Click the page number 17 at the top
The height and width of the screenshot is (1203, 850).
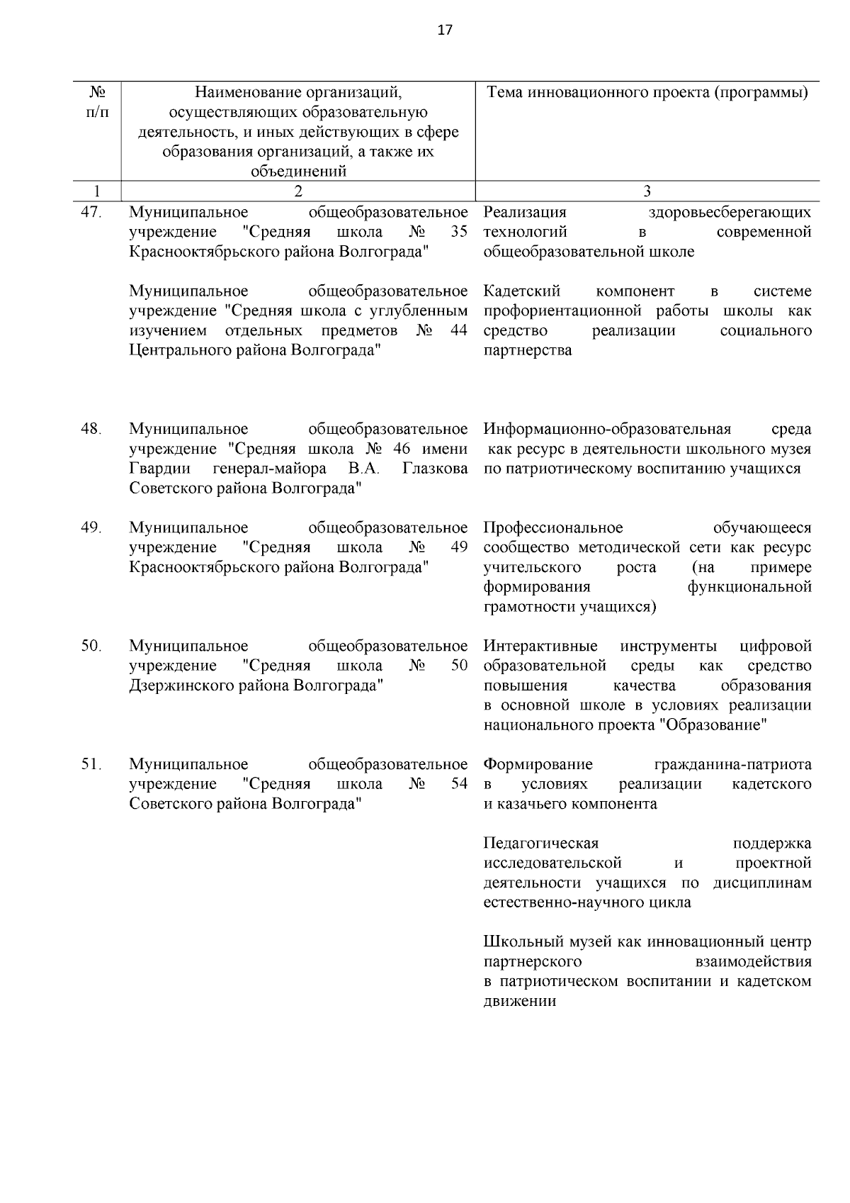click(445, 30)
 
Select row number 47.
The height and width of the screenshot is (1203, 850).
click(92, 212)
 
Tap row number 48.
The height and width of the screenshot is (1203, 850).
click(92, 429)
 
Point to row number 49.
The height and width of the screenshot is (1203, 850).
click(92, 527)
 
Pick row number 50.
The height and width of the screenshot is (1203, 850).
click(92, 646)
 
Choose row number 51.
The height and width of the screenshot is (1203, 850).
click(92, 764)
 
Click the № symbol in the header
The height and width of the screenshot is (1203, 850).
click(98, 93)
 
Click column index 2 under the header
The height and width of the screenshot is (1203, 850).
click(298, 191)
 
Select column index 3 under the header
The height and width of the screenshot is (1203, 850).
click(647, 191)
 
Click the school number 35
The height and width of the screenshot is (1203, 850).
click(459, 232)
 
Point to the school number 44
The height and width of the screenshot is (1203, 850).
click(459, 331)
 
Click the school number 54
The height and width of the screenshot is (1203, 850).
click(459, 784)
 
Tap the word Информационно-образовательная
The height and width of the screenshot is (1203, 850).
click(607, 429)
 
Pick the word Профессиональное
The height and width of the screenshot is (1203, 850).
click(553, 527)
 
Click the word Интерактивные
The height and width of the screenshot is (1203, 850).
click(540, 646)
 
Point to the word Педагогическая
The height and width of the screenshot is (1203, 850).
click(541, 843)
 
